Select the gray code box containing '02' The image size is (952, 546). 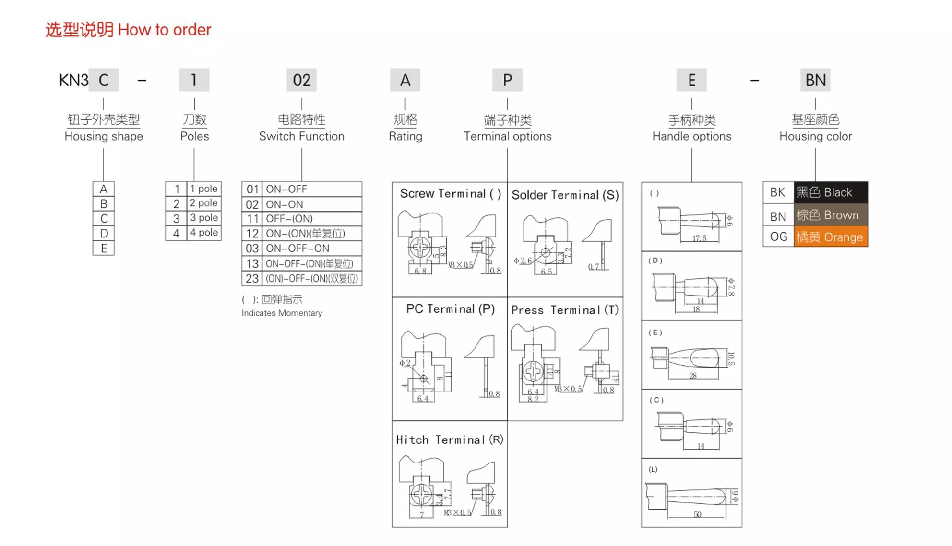coord(301,80)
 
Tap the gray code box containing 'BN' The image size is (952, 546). coord(815,80)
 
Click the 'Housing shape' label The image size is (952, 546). coord(104,136)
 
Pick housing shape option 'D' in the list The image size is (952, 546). coord(104,233)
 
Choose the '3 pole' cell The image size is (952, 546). coord(204,218)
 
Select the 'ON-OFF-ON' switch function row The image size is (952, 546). coord(297,248)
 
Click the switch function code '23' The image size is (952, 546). coord(252,279)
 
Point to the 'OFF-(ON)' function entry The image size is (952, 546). coord(289,219)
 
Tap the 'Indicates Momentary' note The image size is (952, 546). coord(282,313)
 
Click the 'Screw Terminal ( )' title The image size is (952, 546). coord(450,194)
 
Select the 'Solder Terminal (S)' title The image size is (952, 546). coord(565,195)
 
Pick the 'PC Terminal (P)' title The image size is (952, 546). coord(450,309)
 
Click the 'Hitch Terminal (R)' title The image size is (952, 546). coord(449,440)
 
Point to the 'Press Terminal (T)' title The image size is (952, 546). coord(565,310)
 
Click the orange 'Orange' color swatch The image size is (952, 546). coord(831,237)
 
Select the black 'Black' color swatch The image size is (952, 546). coord(831,193)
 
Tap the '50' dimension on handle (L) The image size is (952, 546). coord(697,514)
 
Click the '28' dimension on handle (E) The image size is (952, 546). coord(693,376)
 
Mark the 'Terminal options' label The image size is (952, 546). coord(507,136)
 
